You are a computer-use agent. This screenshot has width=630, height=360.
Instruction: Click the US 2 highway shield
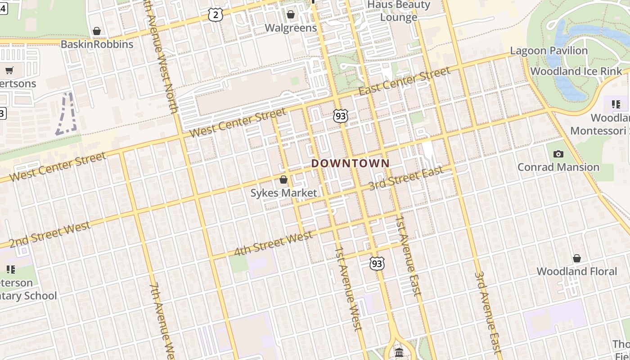pos(216,15)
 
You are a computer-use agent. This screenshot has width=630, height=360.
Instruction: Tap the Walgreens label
pos(291,28)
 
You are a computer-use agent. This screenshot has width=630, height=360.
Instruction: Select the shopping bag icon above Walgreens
pos(291,15)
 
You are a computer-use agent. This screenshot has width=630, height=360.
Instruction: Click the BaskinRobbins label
pos(97,45)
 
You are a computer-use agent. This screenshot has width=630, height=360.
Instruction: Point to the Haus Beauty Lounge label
pos(399,11)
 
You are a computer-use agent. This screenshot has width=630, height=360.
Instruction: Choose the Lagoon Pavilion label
pos(549,51)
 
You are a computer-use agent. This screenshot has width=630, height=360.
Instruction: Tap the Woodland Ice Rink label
pos(576,72)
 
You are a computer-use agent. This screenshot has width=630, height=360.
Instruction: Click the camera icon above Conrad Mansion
pos(558,154)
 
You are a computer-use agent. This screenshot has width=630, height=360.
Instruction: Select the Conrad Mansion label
pos(558,167)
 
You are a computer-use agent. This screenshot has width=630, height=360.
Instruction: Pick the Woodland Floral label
pos(577,271)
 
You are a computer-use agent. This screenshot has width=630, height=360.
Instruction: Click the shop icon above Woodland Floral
pos(577,258)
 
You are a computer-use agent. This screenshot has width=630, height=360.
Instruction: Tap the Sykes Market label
pos(283,193)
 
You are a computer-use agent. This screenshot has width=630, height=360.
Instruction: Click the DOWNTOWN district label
pos(351,163)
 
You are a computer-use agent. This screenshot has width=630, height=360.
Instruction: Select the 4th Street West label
pos(273,243)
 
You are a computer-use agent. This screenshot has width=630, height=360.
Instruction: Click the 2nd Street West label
pos(49,234)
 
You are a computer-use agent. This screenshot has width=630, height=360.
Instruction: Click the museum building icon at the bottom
pos(399,352)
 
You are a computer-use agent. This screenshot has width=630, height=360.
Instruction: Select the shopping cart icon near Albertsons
pos(9,70)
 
